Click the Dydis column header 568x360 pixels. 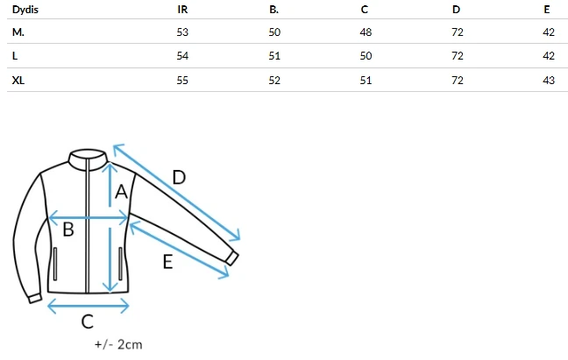click(25, 10)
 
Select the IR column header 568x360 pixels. click(182, 10)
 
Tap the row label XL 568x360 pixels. click(18, 80)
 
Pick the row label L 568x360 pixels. click(15, 56)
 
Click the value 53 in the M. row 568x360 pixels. click(182, 32)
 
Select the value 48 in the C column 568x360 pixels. click(366, 32)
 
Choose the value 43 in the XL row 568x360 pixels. click(549, 80)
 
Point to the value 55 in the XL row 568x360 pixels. click(182, 80)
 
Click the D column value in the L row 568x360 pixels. click(458, 56)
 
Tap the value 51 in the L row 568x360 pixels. click(274, 56)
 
